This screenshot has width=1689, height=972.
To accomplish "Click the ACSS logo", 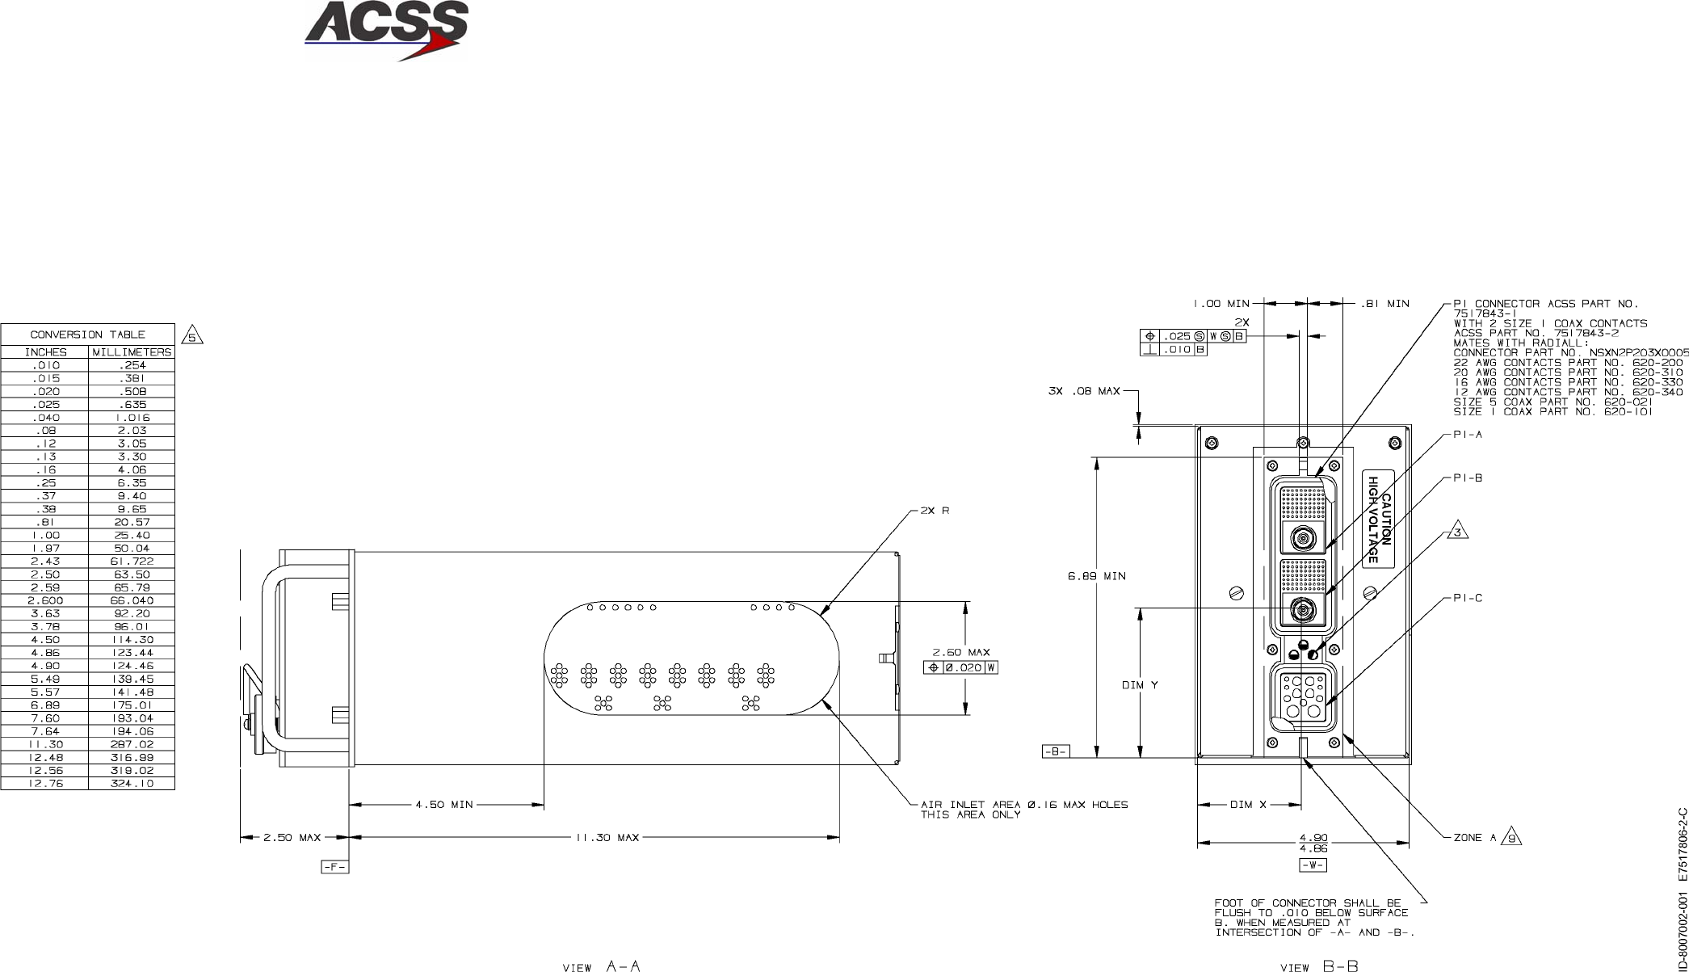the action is pos(386,31).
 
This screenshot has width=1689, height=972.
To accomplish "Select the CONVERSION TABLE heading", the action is pos(88,335).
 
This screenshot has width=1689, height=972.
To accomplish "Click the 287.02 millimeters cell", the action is pos(131,744).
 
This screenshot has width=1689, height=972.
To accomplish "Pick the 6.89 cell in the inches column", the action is pos(45,705).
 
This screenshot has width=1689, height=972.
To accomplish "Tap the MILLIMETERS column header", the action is pos(132,352).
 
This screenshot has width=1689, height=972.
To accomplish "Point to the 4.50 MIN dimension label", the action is pos(444,805).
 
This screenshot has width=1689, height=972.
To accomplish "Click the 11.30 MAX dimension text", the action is pos(607,838).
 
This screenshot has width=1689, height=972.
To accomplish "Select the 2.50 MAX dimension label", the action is pos(292,838).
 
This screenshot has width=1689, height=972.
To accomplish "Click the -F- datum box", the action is pos(334,868).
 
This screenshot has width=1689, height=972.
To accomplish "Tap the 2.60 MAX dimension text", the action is pos(961,653).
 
